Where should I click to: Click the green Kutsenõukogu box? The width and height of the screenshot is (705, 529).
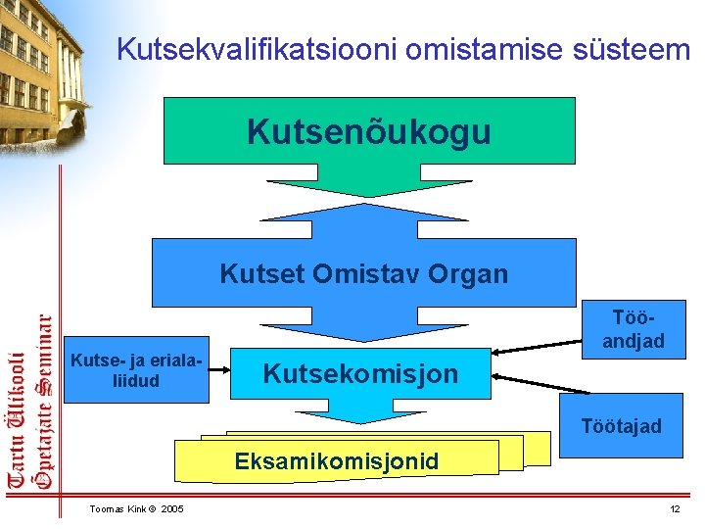coord(368,130)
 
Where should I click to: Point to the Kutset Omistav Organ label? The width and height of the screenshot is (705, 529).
coord(363,273)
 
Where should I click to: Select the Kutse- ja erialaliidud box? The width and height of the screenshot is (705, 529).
coord(136,373)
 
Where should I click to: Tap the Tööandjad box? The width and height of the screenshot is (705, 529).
coord(633,330)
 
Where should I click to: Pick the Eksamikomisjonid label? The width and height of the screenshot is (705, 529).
coord(335,460)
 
